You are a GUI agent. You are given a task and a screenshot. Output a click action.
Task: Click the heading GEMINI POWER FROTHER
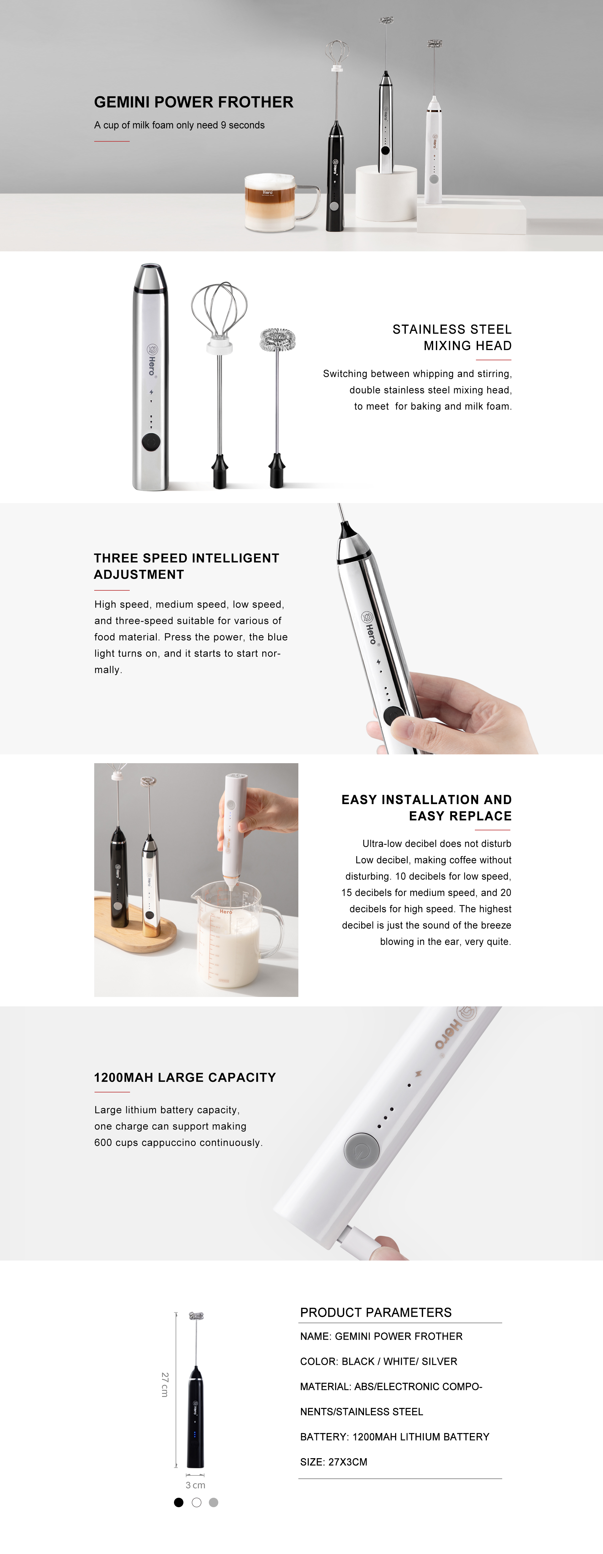click(193, 102)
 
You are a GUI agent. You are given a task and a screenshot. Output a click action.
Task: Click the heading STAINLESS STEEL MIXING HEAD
click(452, 337)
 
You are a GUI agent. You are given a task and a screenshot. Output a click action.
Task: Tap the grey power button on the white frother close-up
click(361, 1150)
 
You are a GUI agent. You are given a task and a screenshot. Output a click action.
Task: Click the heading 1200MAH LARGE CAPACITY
click(185, 1077)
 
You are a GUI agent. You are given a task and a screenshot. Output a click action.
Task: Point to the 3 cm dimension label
click(195, 1485)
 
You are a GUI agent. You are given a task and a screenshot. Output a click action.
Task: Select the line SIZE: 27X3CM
click(334, 1462)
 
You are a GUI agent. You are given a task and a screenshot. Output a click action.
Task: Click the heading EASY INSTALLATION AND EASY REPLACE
click(426, 808)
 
